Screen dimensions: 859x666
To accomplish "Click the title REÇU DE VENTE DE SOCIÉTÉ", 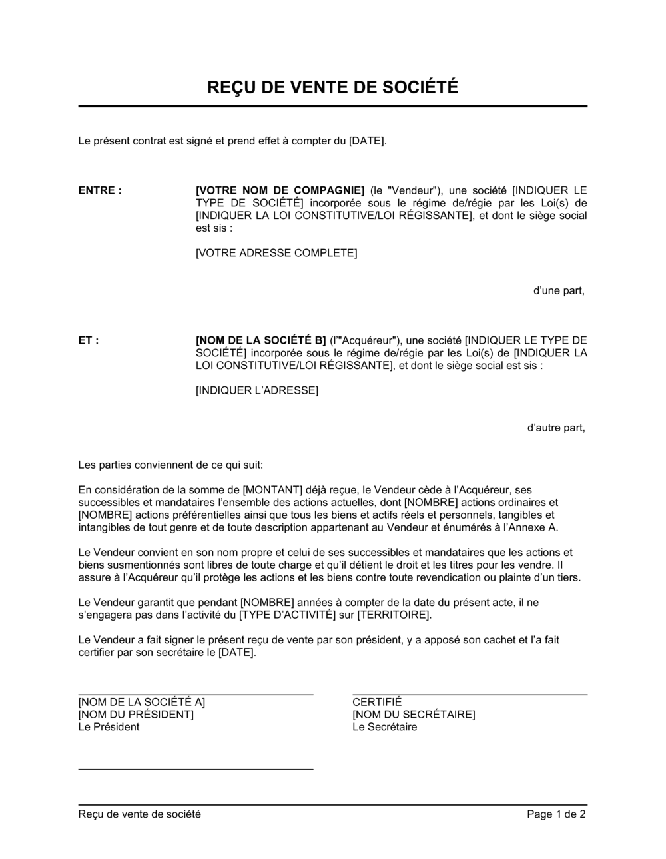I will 332,87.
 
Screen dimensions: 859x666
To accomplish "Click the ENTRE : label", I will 100,190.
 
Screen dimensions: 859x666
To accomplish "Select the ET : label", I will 89,340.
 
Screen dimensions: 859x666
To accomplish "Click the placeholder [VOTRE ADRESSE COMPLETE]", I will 276,253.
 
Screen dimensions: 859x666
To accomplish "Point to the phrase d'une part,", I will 559,290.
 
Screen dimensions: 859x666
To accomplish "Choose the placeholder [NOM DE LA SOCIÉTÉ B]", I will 261,340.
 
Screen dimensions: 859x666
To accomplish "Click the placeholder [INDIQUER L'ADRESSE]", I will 257,390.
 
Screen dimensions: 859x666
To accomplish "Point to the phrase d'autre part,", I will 556,428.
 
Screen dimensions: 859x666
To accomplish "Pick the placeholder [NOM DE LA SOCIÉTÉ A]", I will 142,702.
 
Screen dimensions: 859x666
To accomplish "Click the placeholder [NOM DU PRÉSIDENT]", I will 136,715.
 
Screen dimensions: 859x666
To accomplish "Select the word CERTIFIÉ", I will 377,702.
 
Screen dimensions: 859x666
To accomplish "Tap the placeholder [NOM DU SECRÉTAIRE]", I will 414,715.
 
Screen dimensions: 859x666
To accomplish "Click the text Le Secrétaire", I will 385,727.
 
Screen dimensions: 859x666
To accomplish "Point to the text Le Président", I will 109,727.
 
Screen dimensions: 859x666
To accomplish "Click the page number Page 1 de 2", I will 557,814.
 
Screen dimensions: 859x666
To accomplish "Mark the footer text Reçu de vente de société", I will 139,814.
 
